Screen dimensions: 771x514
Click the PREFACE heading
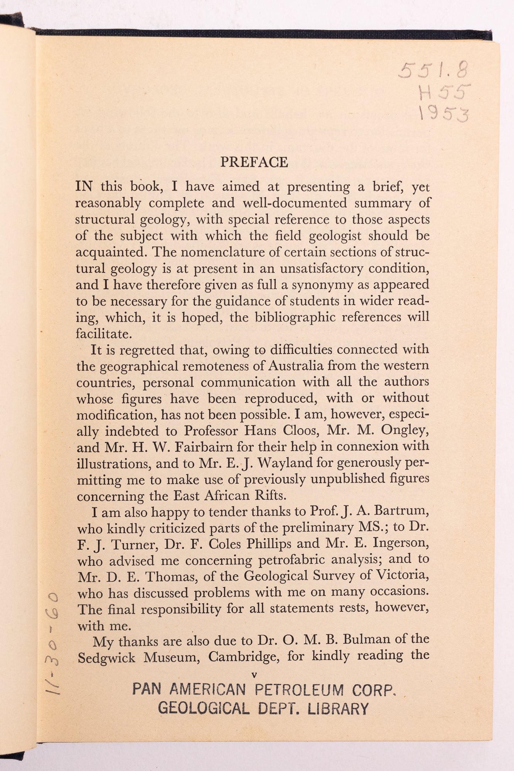pos(254,162)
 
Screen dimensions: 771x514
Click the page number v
pos(254,675)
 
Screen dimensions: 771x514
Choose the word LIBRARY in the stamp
pos(338,709)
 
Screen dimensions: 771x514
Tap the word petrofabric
pos(292,560)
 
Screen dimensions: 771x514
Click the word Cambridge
pos(244,657)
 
